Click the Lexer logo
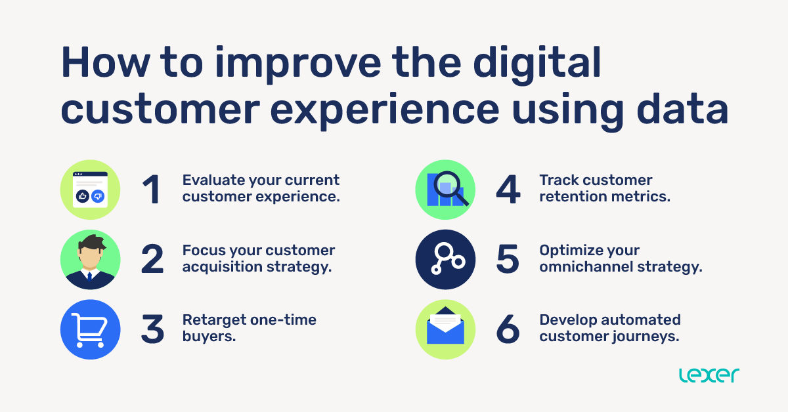[709, 375]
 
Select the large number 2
[152, 260]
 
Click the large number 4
[508, 190]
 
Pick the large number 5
[508, 260]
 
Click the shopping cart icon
[90, 329]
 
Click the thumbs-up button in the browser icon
[83, 196]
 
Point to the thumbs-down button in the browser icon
[98, 196]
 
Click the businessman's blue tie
[90, 278]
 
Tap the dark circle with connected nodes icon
[445, 260]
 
